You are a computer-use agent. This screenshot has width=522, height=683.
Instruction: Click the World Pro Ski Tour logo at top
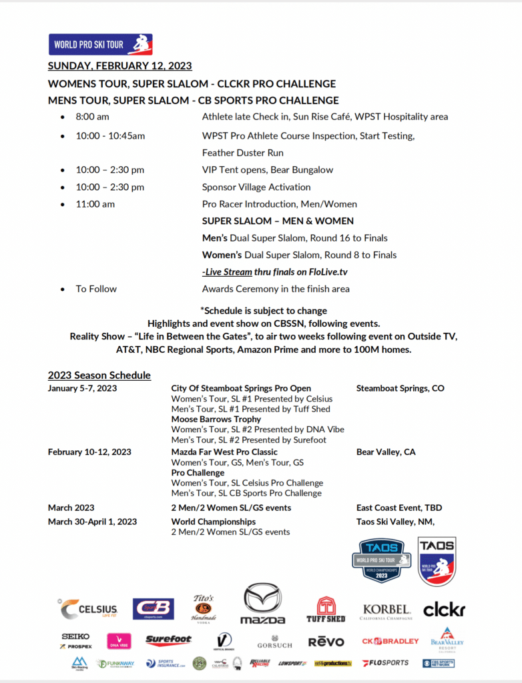100,45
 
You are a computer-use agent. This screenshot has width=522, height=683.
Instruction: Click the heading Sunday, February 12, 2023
120,66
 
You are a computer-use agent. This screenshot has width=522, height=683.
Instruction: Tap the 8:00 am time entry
92,117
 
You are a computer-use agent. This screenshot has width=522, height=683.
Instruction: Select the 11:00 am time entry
95,204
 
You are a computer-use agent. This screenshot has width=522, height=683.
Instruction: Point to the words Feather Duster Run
243,153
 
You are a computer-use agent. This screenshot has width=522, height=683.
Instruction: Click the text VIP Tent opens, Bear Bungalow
268,169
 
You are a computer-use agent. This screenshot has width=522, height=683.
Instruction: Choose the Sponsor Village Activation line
256,187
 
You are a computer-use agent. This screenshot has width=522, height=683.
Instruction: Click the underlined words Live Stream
228,271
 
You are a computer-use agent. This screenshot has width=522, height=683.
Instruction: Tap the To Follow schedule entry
96,289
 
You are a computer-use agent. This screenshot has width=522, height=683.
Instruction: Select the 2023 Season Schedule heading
99,375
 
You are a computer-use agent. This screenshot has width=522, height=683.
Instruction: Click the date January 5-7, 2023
83,388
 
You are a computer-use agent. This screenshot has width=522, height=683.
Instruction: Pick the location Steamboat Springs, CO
401,388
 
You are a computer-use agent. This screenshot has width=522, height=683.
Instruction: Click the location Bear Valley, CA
386,452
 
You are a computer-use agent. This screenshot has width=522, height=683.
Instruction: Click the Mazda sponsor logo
262,604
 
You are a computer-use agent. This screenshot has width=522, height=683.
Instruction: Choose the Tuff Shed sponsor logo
326,609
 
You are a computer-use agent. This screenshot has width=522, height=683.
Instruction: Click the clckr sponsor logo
444,609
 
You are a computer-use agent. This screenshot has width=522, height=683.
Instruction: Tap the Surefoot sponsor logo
168,641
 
